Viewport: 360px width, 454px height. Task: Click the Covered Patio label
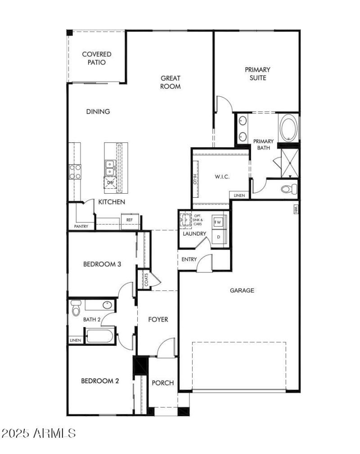(96, 59)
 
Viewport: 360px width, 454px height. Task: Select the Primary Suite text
(257, 74)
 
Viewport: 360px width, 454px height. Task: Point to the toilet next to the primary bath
(287, 189)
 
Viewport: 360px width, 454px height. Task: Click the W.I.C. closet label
(222, 177)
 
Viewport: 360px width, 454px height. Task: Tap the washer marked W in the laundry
(219, 222)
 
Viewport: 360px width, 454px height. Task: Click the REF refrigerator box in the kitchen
(129, 220)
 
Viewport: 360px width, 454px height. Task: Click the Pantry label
(81, 226)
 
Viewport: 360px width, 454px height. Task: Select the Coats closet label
(146, 280)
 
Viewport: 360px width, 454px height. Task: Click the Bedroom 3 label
(102, 264)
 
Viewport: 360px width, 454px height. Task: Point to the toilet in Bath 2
(76, 308)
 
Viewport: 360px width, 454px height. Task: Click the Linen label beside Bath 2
(75, 340)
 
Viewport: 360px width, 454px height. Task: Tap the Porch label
(162, 383)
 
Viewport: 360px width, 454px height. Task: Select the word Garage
(242, 291)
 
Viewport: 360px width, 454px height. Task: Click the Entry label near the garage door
(189, 260)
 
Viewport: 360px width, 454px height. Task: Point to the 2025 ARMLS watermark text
(38, 433)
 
